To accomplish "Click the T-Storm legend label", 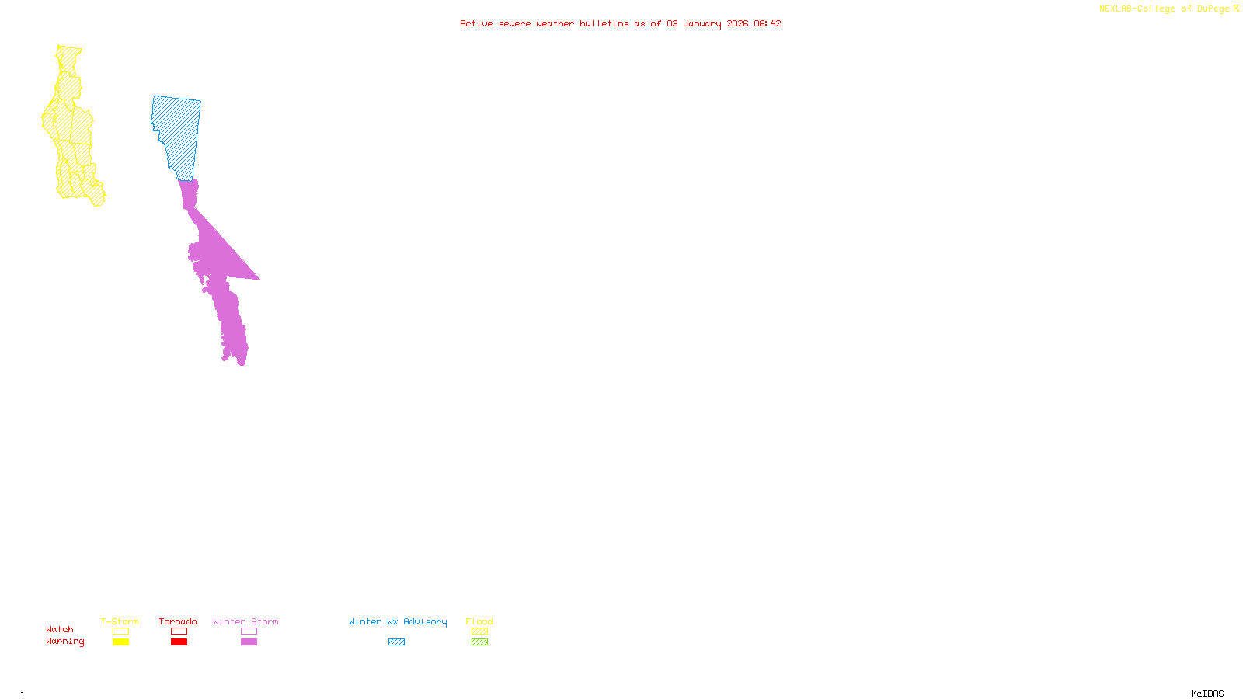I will (120, 621).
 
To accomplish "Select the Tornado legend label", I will (178, 621).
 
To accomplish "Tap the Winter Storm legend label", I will (245, 621).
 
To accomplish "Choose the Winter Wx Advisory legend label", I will (398, 621).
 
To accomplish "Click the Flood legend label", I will (479, 621).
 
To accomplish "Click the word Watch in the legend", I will (60, 629).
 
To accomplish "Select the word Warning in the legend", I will (65, 642).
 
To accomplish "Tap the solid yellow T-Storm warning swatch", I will (120, 642).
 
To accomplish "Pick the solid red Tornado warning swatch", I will (179, 642).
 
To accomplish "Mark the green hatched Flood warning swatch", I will (479, 642).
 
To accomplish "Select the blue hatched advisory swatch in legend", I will (396, 642).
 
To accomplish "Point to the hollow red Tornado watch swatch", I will (179, 631).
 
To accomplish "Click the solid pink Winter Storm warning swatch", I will (249, 642).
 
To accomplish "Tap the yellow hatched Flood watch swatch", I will (479, 631).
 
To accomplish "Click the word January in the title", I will (702, 23).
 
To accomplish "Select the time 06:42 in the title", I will (767, 23).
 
